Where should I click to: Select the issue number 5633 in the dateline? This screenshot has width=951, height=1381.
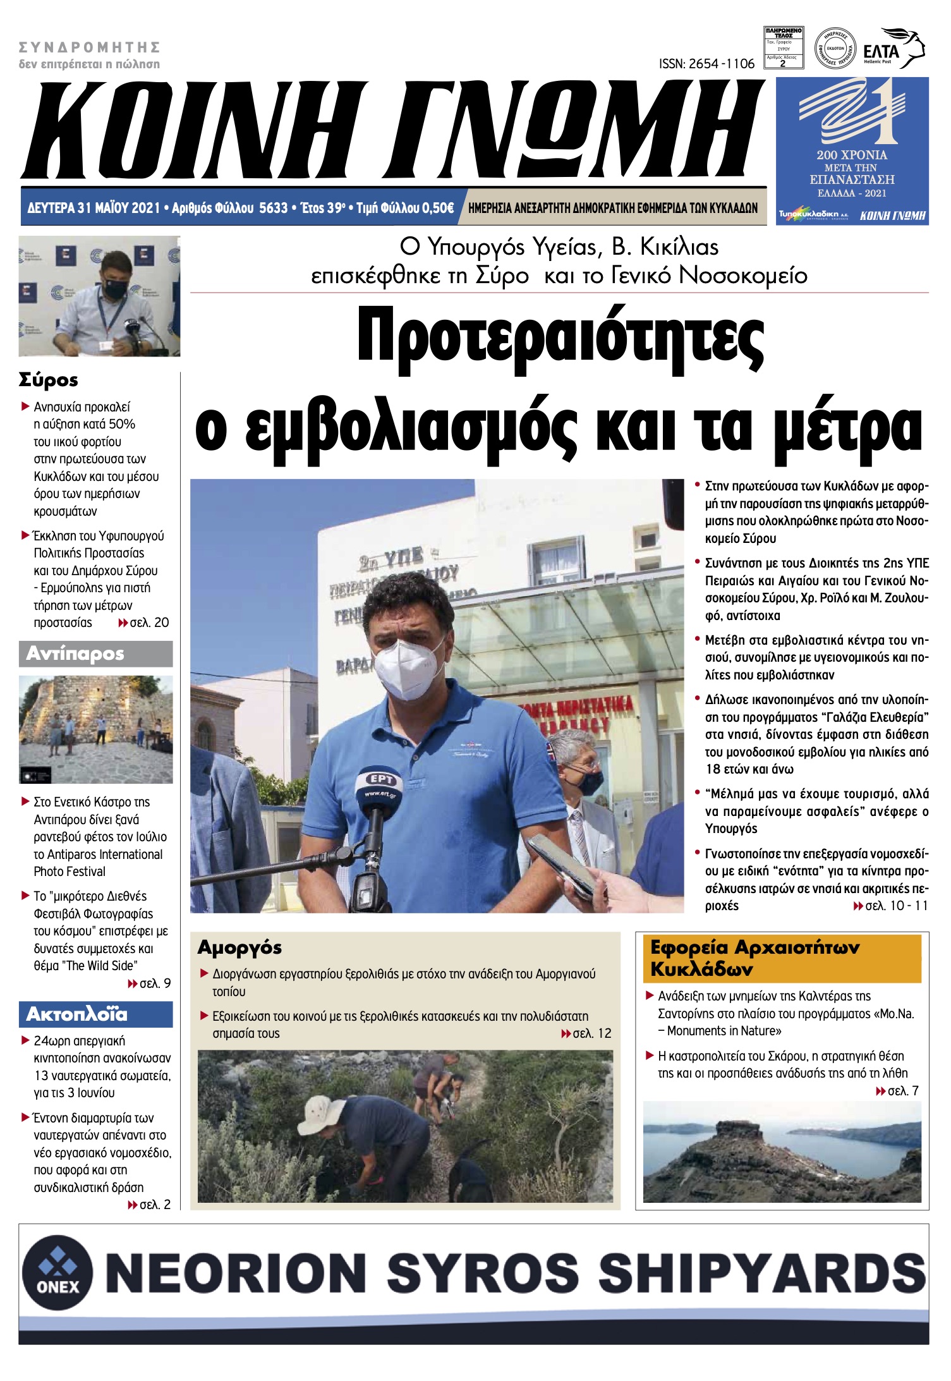(x=273, y=208)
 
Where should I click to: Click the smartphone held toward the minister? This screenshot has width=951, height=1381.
(x=560, y=864)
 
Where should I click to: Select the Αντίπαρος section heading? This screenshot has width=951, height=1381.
(x=75, y=654)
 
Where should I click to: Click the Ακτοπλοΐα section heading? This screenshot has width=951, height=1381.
(x=76, y=1014)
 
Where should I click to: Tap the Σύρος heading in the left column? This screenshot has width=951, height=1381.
(x=49, y=380)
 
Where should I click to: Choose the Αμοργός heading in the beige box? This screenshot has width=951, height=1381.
(x=239, y=947)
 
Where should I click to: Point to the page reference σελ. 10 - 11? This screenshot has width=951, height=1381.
(x=892, y=906)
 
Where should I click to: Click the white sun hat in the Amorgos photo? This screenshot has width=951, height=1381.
(x=322, y=1109)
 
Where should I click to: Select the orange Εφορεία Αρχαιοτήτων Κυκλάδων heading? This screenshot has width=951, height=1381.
(x=754, y=958)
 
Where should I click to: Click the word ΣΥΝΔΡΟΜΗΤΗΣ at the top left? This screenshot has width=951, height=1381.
(x=89, y=47)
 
